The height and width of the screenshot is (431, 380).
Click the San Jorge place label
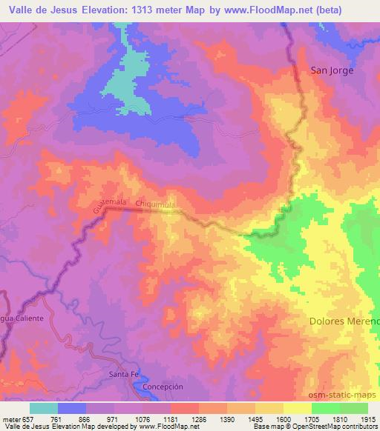[332, 70]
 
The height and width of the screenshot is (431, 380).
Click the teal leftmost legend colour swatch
[44, 408]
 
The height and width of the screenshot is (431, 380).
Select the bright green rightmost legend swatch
[354, 408]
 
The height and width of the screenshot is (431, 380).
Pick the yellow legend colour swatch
[298, 408]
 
